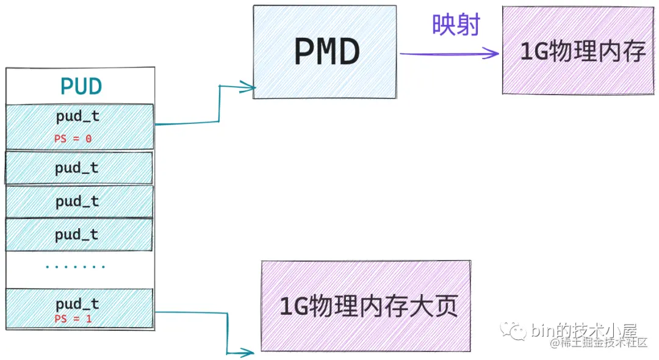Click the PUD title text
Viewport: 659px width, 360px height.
[x=81, y=87]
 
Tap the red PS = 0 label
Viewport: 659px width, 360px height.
[x=73, y=139]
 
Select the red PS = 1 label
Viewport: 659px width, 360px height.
[x=73, y=319]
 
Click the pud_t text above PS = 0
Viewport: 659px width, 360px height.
[x=77, y=117]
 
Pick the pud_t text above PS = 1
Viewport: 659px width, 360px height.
[x=77, y=304]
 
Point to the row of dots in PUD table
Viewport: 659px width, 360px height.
[x=75, y=267]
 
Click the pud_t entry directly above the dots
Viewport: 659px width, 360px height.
[x=77, y=234]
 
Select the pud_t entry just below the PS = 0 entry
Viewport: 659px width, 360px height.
[x=77, y=168]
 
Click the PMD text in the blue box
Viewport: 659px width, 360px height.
[x=326, y=52]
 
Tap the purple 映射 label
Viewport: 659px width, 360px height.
[x=456, y=25]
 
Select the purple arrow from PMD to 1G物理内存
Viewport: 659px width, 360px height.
[x=448, y=54]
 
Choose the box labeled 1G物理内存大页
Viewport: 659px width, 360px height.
[x=367, y=306]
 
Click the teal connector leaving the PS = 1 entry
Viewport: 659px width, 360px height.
[x=195, y=314]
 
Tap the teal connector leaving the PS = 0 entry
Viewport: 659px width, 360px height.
[x=186, y=123]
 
